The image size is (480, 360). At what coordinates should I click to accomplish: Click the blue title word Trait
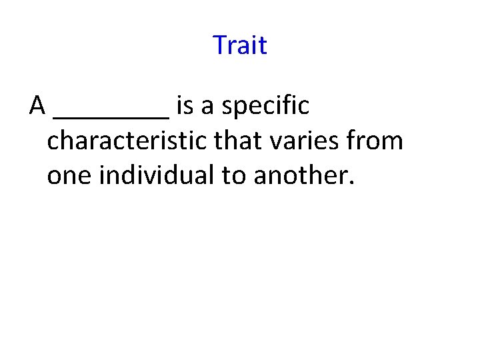click(240, 45)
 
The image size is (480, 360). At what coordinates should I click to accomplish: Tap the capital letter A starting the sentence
click(37, 105)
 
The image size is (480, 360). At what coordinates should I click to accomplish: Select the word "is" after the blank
click(185, 105)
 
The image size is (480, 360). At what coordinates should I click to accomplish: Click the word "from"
click(380, 141)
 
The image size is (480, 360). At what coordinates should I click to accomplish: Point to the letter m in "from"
click(394, 143)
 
